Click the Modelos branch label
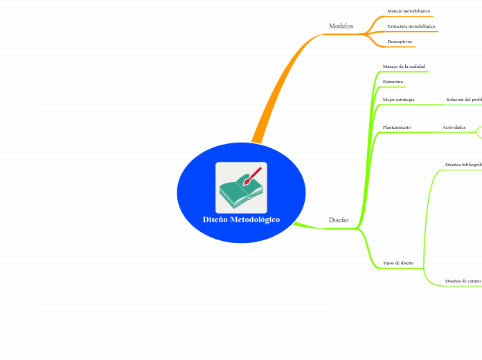(x=341, y=26)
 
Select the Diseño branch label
(x=339, y=219)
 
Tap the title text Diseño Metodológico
(x=241, y=219)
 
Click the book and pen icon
(x=241, y=188)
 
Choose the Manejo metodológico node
(x=409, y=11)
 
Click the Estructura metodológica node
(x=411, y=26)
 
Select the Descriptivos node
(x=400, y=42)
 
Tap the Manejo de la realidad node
(x=404, y=66)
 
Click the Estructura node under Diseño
(x=393, y=82)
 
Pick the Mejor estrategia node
(x=398, y=100)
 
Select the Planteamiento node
(x=397, y=127)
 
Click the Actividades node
(x=454, y=127)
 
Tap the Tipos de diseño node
(x=398, y=263)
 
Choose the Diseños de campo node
(x=463, y=281)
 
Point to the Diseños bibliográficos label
(x=463, y=165)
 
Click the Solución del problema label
(x=464, y=100)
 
